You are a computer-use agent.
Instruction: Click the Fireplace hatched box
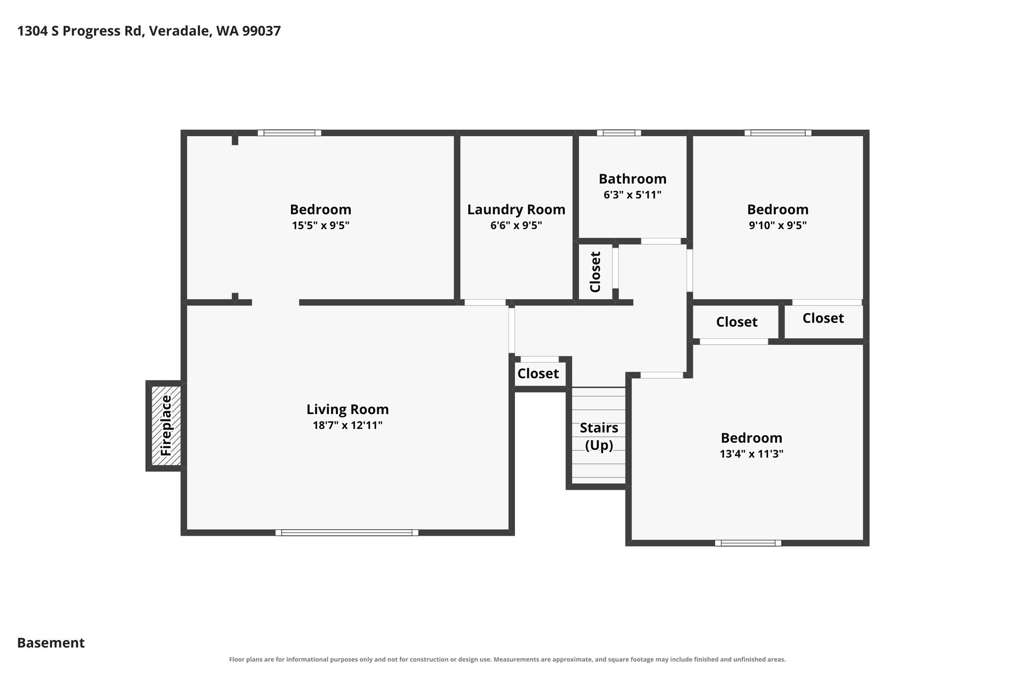166,426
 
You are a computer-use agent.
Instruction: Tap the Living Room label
347,410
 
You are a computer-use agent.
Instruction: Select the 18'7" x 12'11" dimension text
347,425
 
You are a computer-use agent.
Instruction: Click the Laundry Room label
516,210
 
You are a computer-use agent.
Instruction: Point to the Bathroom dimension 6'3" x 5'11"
632,195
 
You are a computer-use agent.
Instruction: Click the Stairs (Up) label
599,436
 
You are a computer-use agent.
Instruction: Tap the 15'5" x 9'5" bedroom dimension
321,225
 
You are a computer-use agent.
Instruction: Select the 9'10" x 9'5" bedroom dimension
778,225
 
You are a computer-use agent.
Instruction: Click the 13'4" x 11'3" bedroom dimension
751,454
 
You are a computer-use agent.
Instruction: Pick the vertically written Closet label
595,272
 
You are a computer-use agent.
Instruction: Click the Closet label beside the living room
538,373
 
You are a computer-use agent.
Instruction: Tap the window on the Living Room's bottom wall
347,532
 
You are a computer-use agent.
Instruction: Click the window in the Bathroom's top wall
619,133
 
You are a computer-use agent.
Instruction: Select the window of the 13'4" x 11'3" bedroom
748,543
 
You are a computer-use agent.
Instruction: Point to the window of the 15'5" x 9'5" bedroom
289,133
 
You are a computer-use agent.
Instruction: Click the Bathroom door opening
661,241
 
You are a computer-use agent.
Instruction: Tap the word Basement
51,643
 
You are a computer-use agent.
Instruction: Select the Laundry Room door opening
485,302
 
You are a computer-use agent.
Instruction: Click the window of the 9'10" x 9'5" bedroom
778,133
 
